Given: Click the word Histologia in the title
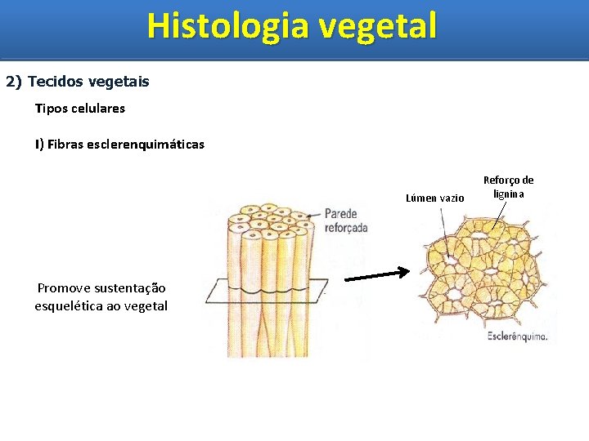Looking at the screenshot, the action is tap(228, 25).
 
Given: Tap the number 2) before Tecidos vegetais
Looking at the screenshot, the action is tap(15, 82).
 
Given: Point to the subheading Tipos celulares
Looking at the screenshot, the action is tap(80, 108).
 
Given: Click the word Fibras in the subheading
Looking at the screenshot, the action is tap(65, 145).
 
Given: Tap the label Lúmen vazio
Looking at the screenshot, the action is tap(434, 198).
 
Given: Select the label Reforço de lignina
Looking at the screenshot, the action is tap(508, 187).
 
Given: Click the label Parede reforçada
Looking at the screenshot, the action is tap(346, 220).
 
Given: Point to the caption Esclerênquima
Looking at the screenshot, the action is tap(517, 336).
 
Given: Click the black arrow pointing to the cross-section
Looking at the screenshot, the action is tap(376, 275).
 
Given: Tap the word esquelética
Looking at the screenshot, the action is tap(69, 306).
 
